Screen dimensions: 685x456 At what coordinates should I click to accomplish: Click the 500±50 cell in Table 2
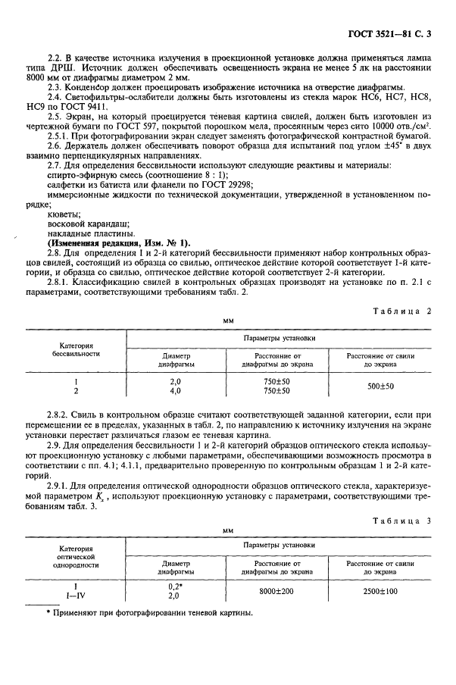point(380,386)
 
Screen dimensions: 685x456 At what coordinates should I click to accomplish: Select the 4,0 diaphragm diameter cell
point(175,391)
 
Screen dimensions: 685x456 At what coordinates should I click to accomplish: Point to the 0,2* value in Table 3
point(175,586)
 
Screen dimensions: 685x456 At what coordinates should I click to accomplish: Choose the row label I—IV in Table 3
point(76,596)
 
